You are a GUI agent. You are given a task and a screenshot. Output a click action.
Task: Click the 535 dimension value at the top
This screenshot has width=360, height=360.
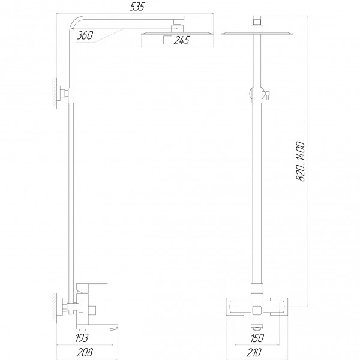point(139,7)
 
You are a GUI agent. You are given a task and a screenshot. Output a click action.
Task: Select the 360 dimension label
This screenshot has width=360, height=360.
point(85,37)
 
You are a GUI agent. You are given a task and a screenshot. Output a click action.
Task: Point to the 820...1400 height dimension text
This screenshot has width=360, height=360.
point(301,162)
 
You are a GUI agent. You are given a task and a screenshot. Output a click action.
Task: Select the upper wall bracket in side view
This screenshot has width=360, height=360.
point(62,94)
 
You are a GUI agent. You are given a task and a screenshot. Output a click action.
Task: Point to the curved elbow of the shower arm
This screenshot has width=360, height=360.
point(77,24)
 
